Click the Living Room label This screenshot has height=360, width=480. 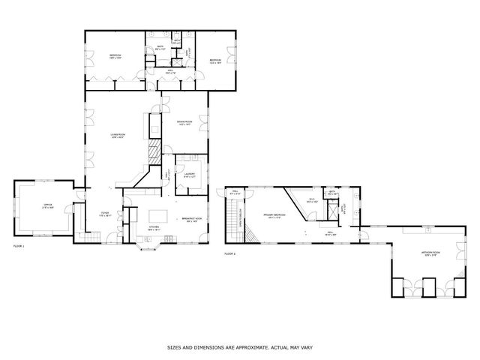coord(118,135)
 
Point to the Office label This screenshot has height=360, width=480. coord(46,205)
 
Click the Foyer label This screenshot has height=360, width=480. coord(105,214)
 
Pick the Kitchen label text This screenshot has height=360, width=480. coord(154,226)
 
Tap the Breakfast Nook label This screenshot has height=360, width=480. coord(190,219)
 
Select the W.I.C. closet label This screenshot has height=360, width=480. coord(313,200)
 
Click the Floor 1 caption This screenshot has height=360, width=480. coord(19,246)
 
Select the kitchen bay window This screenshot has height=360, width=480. coord(147,244)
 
